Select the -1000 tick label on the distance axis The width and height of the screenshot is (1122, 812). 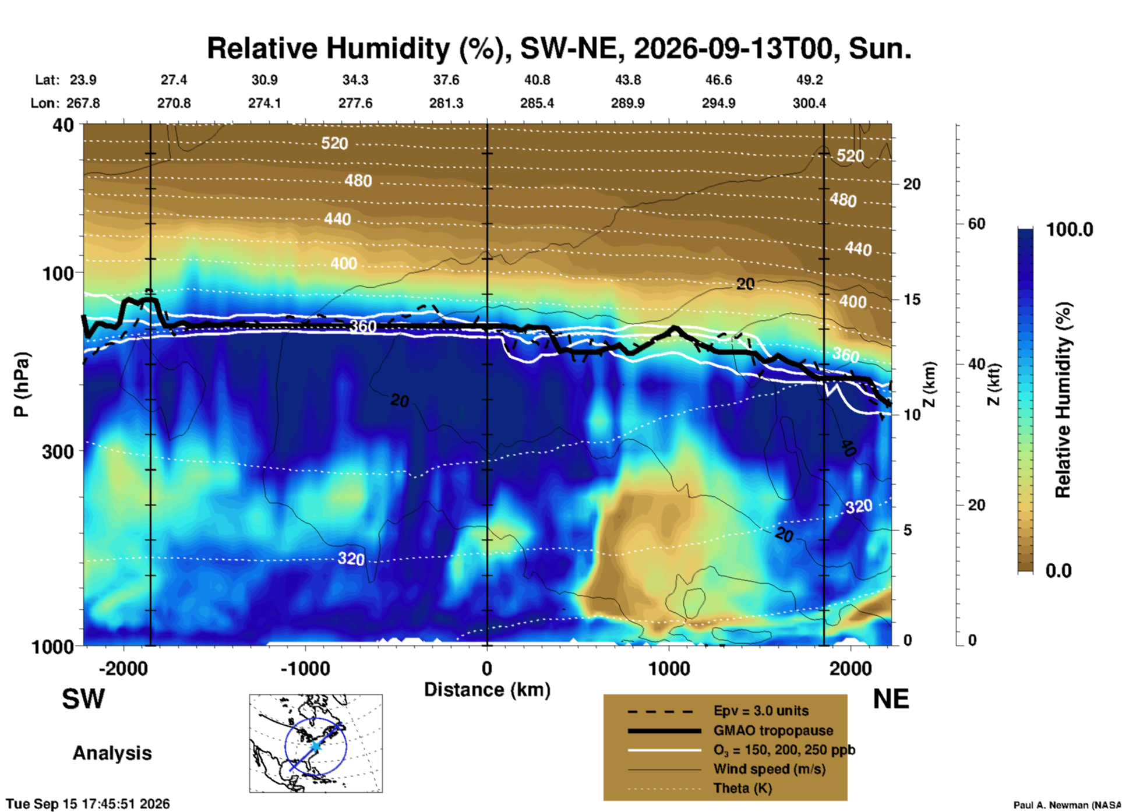point(305,668)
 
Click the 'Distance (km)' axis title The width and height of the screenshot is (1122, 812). point(487,690)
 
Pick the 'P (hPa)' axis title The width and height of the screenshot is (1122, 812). point(22,384)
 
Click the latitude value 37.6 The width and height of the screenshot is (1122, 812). point(446,80)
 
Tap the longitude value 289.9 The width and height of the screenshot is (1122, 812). point(627,103)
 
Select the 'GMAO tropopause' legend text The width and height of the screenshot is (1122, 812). point(773,730)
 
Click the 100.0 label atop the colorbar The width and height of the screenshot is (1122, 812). point(1070,230)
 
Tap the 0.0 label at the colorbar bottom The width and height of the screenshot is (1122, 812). point(1059,570)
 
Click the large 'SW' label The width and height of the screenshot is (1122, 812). point(83,699)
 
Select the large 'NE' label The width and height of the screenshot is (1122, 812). point(891,699)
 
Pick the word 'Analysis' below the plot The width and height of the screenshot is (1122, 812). point(112,753)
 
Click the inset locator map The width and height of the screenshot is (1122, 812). point(316,743)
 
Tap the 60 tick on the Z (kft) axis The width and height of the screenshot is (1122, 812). point(976,224)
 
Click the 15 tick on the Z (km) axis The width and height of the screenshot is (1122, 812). point(912,299)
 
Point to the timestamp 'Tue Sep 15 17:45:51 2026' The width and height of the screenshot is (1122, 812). point(88,804)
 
